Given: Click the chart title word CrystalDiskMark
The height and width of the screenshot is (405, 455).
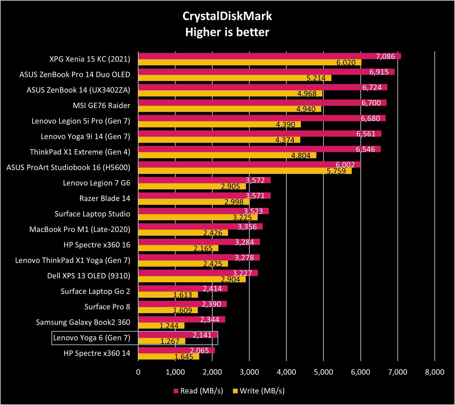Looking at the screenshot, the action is tap(227, 16).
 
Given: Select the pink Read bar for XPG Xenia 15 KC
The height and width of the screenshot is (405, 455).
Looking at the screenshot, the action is tap(269, 56).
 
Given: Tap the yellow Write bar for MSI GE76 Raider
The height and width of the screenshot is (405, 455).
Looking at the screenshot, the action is tap(230, 109).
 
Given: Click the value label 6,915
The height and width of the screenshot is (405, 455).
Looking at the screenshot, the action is tap(379, 72).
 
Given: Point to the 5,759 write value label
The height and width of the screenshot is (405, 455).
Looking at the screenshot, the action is tap(336, 171).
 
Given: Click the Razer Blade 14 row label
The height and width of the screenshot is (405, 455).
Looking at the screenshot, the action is tap(105, 198).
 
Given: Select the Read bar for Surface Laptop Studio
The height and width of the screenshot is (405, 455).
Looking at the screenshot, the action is tap(203, 211).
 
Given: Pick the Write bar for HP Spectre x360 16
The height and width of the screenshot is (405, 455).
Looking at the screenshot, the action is tap(178, 248).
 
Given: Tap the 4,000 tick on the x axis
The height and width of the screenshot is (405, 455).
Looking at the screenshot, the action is tap(287, 372).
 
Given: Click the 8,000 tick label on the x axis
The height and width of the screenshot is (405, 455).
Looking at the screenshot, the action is tap(435, 372).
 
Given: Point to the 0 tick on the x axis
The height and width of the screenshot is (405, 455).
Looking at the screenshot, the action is tap(138, 372).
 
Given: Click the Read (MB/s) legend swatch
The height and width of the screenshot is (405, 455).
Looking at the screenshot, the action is tap(176, 391).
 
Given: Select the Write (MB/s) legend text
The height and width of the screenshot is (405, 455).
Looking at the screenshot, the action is tap(262, 391).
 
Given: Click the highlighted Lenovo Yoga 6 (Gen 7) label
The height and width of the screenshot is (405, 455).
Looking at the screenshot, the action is tap(92, 338).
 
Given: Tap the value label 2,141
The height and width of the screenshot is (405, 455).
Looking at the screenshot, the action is tap(202, 335).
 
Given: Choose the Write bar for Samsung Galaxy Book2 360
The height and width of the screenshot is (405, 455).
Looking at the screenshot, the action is tap(161, 326).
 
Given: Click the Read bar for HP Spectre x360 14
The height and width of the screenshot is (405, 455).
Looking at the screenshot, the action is tap(177, 350).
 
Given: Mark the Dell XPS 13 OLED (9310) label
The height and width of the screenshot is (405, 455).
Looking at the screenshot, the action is tap(89, 276).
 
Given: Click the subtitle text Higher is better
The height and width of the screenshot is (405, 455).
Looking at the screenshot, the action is tap(227, 32).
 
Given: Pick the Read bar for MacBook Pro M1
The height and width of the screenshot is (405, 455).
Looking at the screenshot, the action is tap(200, 226).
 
